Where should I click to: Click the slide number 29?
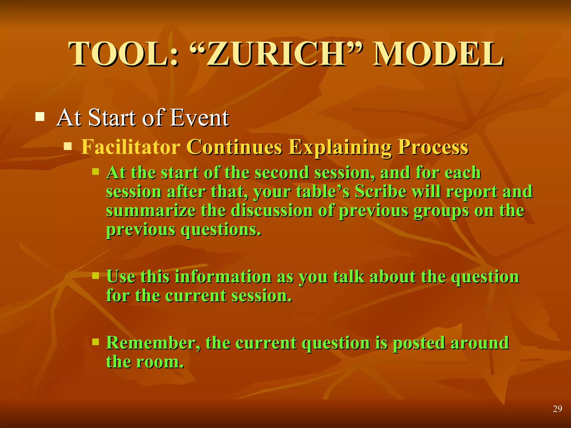[x=557, y=409]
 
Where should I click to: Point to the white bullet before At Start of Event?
[x=40, y=117]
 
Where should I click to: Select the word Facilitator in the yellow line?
[x=130, y=147]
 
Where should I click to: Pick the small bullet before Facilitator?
[x=68, y=146]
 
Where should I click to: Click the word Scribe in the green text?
[x=381, y=192]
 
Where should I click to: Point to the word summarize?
[x=151, y=211]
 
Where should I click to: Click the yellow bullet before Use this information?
[x=96, y=276]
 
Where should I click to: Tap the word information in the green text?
[x=223, y=277]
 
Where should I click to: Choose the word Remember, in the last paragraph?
[x=153, y=343]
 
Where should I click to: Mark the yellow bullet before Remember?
[x=96, y=342]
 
